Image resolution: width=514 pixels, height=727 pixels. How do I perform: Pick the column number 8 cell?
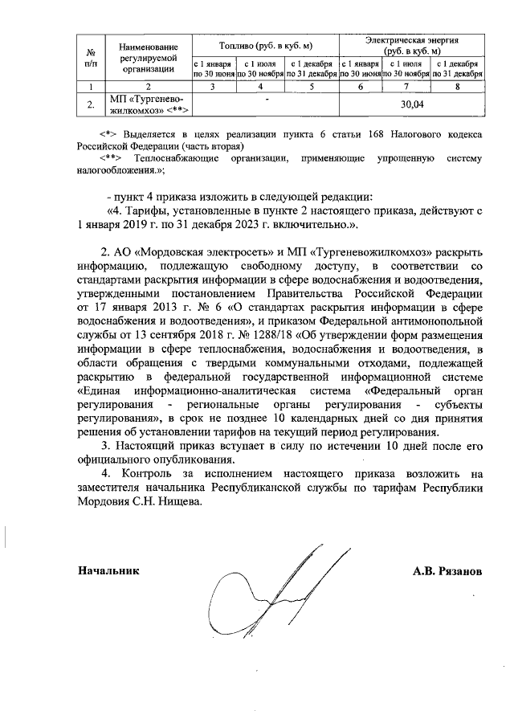click(458, 86)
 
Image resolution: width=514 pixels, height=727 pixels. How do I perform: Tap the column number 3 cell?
click(213, 86)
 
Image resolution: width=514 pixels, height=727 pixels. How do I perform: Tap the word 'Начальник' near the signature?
click(108, 571)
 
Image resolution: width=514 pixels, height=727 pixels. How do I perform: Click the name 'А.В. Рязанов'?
click(447, 572)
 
